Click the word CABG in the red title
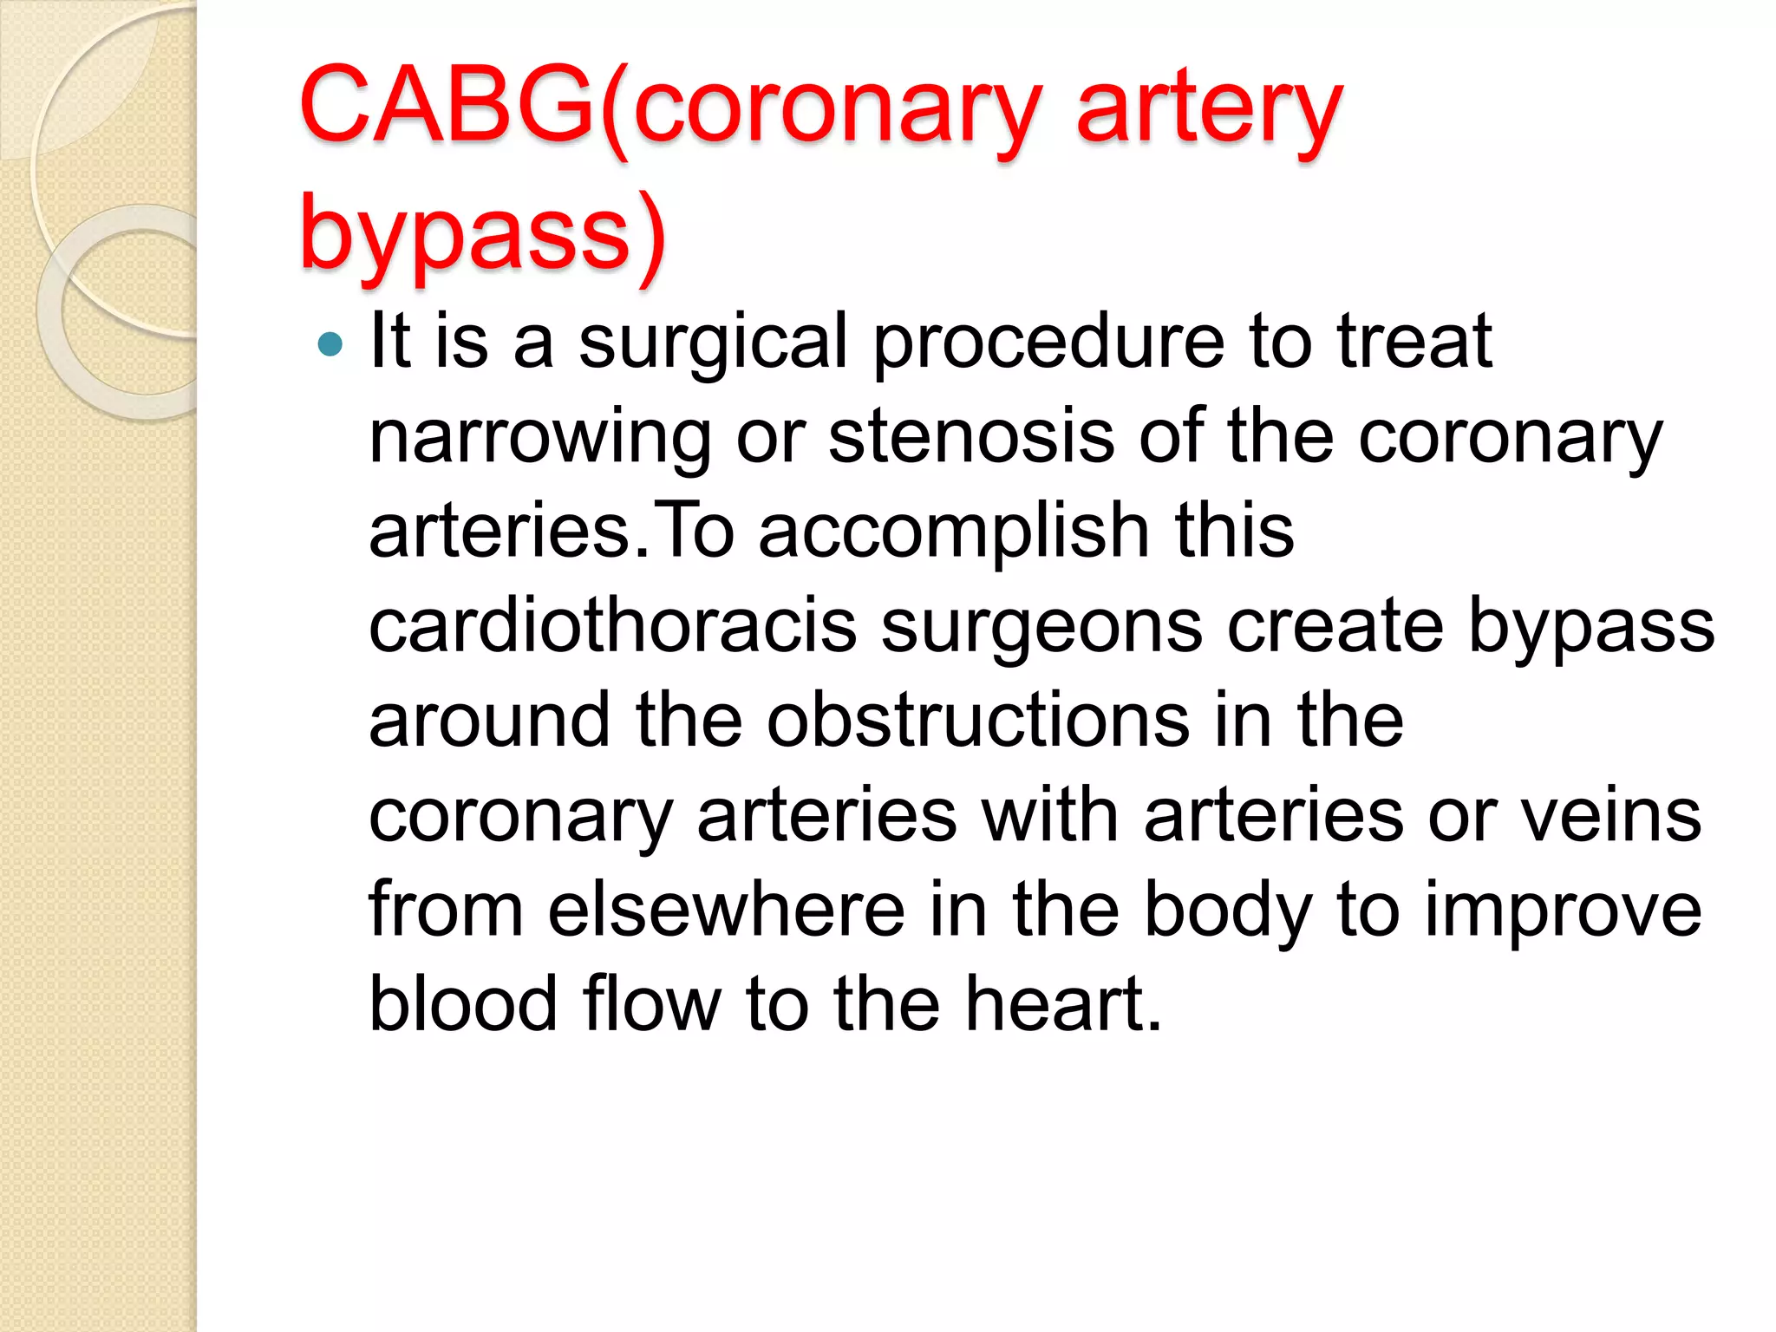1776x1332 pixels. pos(446,106)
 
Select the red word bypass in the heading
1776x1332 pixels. pos(464,234)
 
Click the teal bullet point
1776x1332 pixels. pos(330,344)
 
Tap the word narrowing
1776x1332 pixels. pos(540,439)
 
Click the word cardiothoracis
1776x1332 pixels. pos(612,626)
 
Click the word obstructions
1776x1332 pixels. pos(978,721)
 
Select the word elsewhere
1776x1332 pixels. pos(727,910)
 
